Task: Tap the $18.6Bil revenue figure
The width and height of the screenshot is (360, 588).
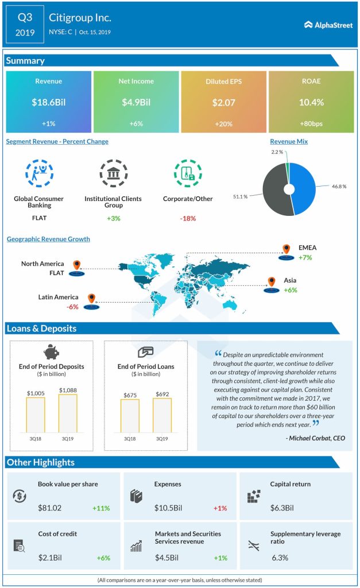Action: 48,103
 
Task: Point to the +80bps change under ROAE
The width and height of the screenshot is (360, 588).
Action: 311,124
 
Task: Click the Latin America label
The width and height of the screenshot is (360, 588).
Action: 58,296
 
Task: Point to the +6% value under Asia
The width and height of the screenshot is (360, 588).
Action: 291,290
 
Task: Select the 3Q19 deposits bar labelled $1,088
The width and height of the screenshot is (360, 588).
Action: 67,413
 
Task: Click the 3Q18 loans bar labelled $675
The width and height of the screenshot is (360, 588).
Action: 130,415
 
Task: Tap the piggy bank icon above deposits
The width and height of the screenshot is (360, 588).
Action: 51,351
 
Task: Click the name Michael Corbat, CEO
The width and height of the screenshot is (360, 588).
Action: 315,438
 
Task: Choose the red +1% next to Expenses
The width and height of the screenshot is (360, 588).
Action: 220,508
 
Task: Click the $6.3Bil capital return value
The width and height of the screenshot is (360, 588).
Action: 282,508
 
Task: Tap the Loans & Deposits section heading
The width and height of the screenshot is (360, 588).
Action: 41,328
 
